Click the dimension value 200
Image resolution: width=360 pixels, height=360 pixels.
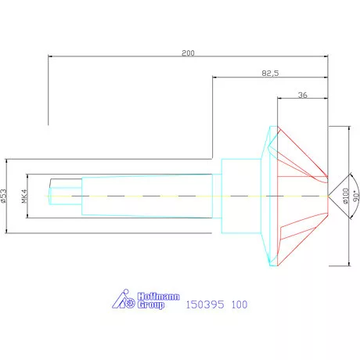pyautogui.click(x=187, y=53)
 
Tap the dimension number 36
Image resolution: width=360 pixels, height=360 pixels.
pyautogui.click(x=302, y=95)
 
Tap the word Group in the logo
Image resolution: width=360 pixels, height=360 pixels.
pyautogui.click(x=152, y=305)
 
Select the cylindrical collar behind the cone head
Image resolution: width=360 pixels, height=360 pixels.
pyautogui.click(x=239, y=196)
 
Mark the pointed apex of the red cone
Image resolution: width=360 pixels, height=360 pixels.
pyautogui.click(x=328, y=196)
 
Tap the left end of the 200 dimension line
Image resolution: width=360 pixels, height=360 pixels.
pyautogui.click(x=49, y=56)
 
